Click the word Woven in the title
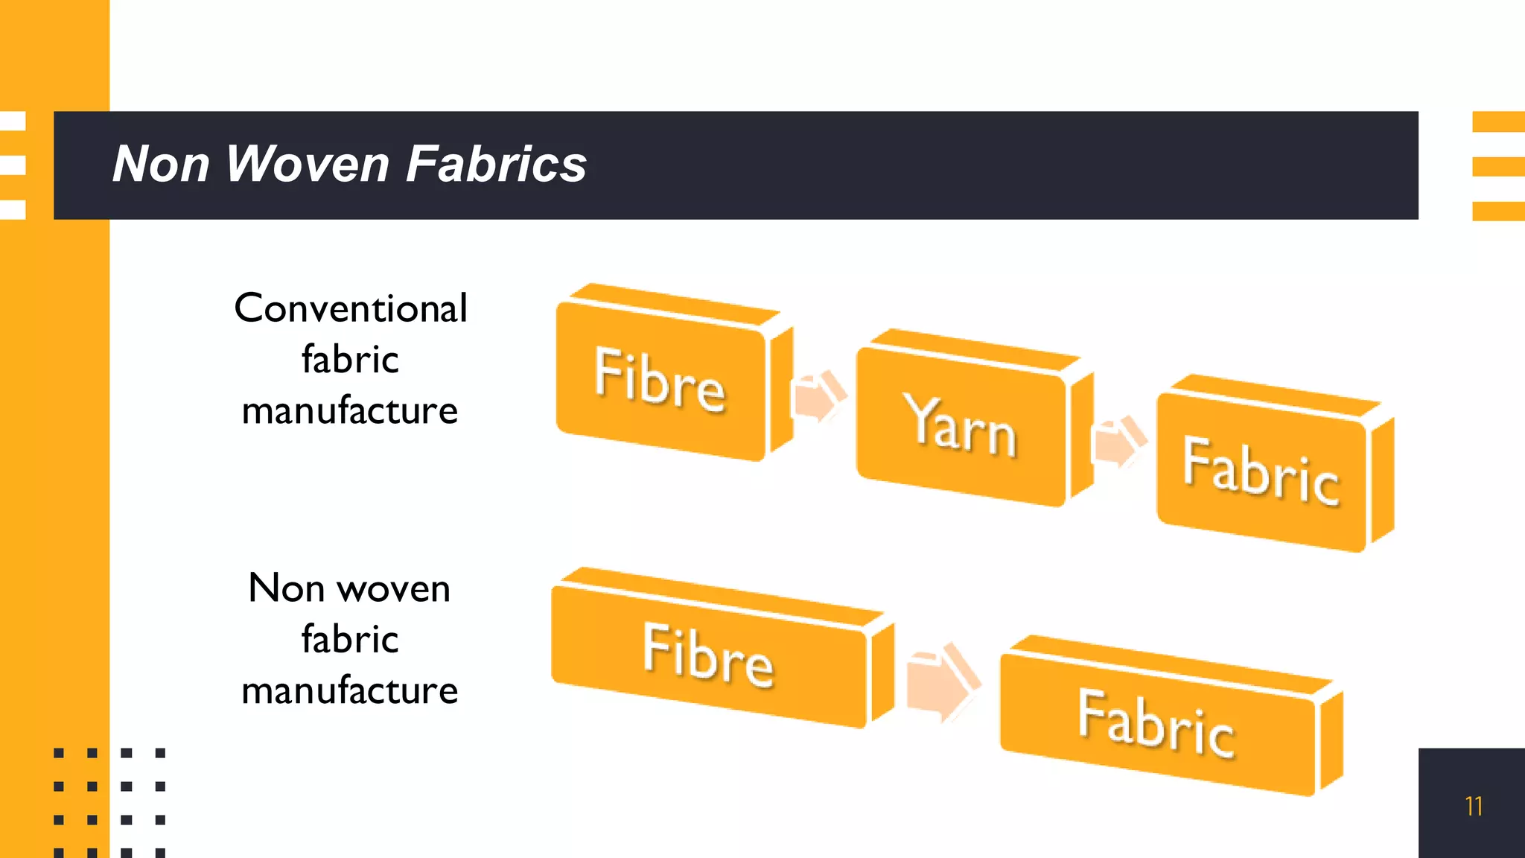[x=307, y=164]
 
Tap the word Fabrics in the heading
[x=496, y=164]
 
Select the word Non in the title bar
[x=160, y=164]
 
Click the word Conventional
[x=351, y=308]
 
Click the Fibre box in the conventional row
[x=660, y=380]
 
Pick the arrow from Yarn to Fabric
[x=1118, y=442]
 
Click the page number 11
[x=1473, y=806]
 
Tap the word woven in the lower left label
[x=394, y=589]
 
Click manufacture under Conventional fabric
[x=350, y=411]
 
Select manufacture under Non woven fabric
[x=350, y=690]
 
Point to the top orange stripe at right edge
[x=1498, y=121]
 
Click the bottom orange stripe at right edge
[x=1498, y=212]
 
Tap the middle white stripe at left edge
[x=13, y=165]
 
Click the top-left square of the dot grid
[x=59, y=753]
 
